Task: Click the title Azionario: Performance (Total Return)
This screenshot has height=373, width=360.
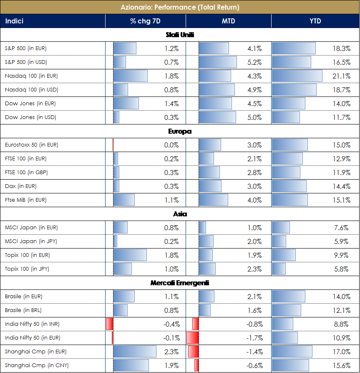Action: (x=180, y=8)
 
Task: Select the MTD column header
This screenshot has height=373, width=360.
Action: (x=228, y=21)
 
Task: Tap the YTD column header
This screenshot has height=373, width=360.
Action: (x=315, y=21)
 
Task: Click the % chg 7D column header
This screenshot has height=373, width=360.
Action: (x=145, y=21)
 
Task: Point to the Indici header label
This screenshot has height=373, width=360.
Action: (x=14, y=21)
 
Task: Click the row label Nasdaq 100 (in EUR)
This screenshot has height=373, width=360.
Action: (x=31, y=76)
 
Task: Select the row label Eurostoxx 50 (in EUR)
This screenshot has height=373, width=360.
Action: (x=32, y=145)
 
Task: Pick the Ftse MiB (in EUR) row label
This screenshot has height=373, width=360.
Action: (x=26, y=200)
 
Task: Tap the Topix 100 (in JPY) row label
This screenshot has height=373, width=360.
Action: (x=27, y=269)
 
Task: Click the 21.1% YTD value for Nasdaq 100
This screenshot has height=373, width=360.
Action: (x=341, y=76)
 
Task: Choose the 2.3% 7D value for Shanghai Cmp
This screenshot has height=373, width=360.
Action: (x=171, y=352)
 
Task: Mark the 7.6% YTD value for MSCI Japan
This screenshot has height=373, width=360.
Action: (x=342, y=228)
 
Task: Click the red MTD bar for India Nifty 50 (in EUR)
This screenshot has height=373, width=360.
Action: (x=192, y=338)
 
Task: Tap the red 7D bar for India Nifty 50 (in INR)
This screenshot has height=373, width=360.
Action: (x=110, y=324)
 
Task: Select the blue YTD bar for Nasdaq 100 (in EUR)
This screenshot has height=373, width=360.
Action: (x=297, y=76)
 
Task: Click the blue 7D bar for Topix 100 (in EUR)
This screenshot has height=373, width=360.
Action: (x=130, y=255)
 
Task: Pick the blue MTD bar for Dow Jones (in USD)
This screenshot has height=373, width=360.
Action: (x=217, y=117)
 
